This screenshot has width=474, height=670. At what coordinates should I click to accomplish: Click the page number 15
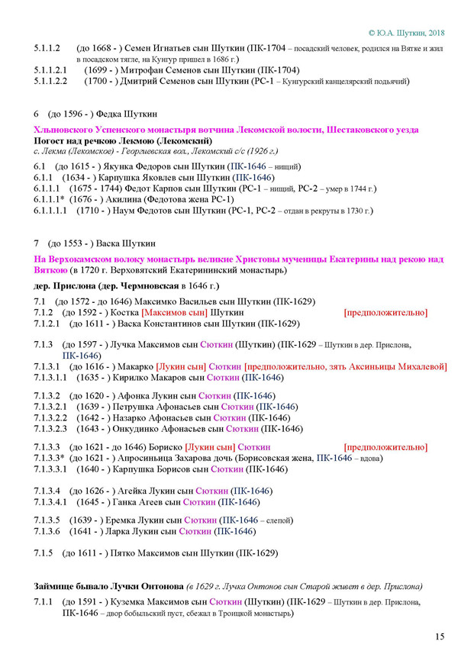point(440,636)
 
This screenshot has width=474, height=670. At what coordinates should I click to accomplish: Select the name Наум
point(142,211)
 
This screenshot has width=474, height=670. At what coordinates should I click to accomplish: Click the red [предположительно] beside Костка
point(385,313)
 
